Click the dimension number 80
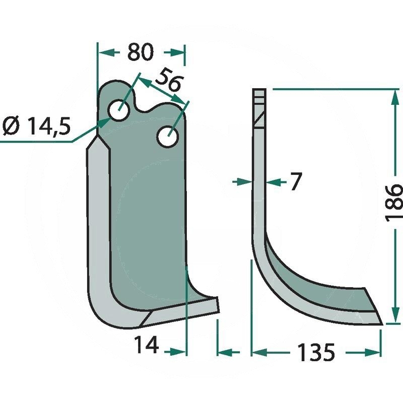(141, 52)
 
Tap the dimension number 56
(168, 80)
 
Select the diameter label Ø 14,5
(36, 126)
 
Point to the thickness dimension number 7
(296, 182)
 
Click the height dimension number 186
(393, 203)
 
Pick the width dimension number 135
(316, 352)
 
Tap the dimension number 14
(146, 345)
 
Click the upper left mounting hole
(119, 110)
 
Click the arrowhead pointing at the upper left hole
(105, 122)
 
